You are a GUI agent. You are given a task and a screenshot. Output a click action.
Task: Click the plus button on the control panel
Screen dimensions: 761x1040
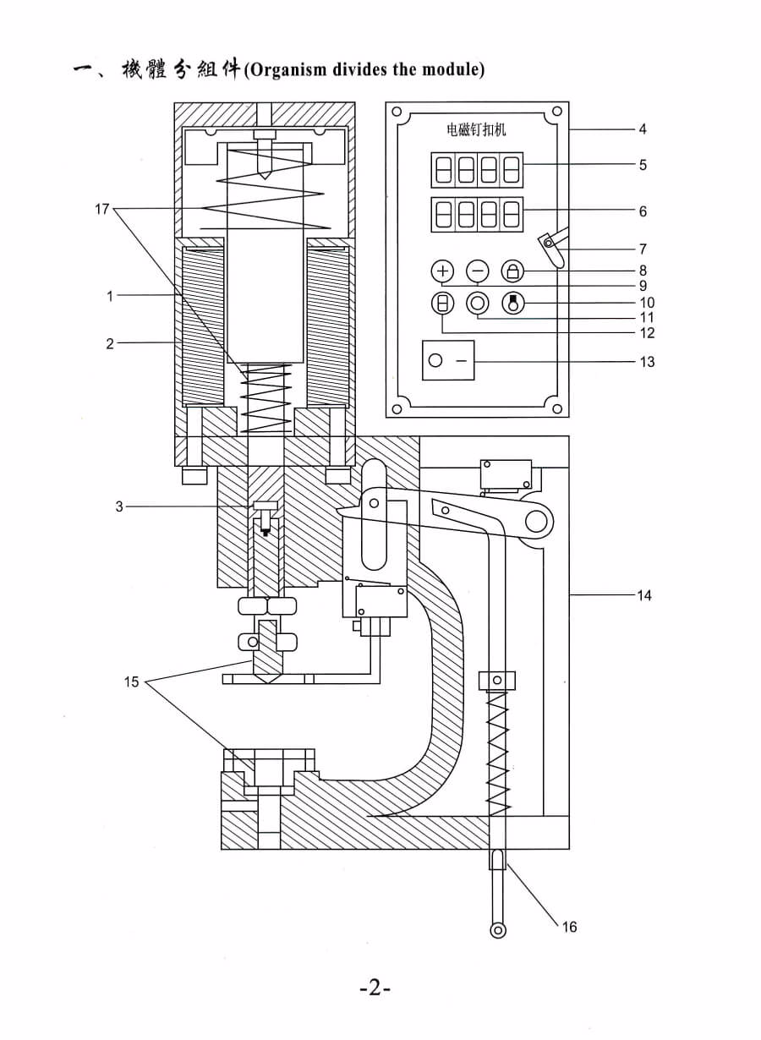tap(443, 271)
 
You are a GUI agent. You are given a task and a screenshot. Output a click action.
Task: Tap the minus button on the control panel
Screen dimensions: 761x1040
tap(478, 271)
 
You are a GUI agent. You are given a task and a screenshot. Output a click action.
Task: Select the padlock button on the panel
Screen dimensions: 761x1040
tap(512, 271)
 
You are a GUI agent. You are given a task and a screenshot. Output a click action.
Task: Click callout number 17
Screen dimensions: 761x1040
tap(101, 210)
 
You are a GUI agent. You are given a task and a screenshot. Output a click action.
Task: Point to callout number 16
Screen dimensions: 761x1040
tap(569, 927)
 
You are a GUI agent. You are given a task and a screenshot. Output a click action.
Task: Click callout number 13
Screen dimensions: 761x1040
tap(647, 362)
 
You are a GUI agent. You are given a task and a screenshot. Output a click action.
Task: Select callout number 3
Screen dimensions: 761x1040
tap(119, 506)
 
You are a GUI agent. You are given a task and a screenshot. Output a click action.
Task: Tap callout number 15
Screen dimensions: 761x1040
tap(131, 681)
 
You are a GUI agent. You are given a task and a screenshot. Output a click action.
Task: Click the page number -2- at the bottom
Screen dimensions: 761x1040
tap(375, 989)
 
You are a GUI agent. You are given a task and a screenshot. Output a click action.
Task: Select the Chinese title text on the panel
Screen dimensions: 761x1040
tap(476, 129)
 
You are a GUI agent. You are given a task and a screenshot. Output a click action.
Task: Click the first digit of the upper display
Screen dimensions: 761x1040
tap(443, 170)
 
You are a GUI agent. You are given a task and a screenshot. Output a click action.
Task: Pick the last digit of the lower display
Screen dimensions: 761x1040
tap(512, 215)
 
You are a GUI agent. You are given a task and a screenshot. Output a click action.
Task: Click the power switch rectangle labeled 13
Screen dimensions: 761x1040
tap(448, 360)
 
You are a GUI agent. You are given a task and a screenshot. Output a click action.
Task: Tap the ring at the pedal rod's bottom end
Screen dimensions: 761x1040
tap(498, 930)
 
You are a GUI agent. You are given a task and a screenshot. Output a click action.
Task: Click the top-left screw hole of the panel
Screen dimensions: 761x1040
tap(397, 112)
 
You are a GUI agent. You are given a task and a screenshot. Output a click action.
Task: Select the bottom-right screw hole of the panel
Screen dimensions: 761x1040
tap(557, 409)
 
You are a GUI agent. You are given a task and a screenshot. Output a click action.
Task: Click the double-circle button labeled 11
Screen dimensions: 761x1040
tap(478, 304)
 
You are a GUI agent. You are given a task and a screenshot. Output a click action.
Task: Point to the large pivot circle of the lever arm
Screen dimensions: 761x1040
tap(536, 521)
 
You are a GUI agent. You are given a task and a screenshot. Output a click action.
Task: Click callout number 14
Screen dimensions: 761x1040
tap(644, 595)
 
